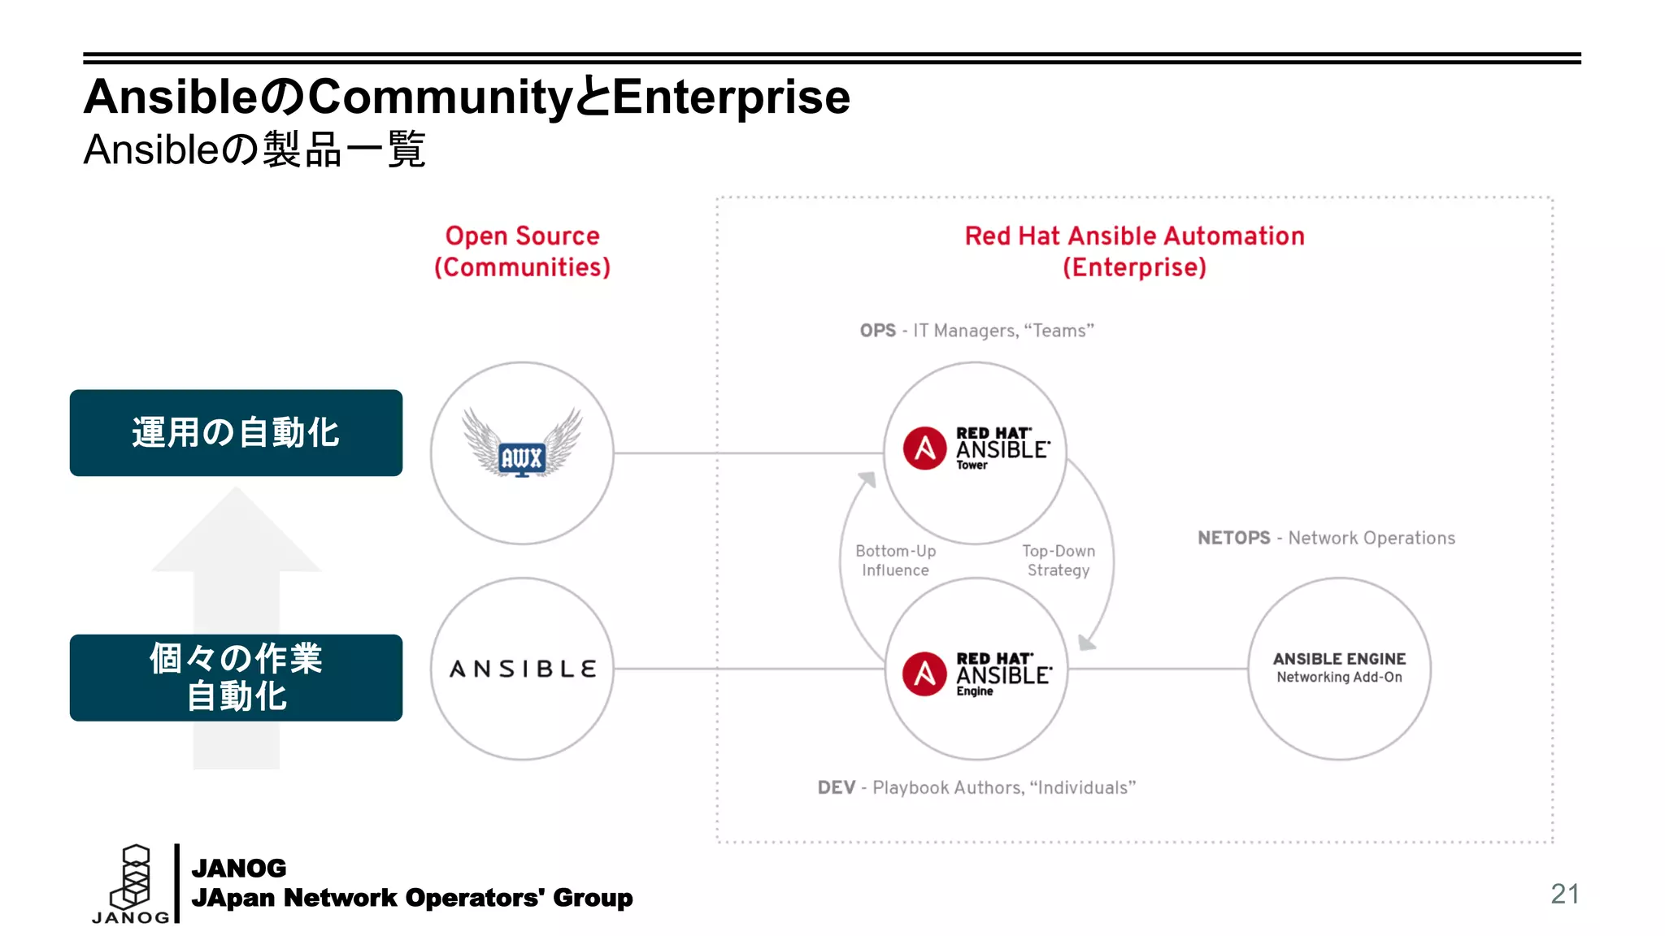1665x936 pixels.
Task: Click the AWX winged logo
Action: [522, 444]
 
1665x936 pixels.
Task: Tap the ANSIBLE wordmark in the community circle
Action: [523, 669]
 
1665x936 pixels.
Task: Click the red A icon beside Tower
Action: [924, 448]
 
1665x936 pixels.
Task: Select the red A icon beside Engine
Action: [924, 674]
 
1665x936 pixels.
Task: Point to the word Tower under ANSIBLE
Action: [972, 466]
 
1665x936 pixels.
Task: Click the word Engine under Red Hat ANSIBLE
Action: [974, 691]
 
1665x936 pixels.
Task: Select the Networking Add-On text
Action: [1338, 678]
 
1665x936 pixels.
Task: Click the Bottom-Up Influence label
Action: [895, 561]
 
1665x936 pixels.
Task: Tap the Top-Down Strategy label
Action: [1058, 561]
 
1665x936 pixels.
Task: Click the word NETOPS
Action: [1233, 538]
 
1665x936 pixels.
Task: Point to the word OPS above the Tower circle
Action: [877, 331]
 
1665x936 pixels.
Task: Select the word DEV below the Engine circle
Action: [836, 787]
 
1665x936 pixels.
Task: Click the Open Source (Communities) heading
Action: [522, 251]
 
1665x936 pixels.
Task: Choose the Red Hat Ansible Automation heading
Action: [1134, 236]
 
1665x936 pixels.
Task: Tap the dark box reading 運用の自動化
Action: [236, 433]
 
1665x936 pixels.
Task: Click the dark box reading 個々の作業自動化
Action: [236, 678]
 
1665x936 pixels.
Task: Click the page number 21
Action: [1564, 894]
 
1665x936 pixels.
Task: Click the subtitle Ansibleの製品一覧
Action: [254, 149]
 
